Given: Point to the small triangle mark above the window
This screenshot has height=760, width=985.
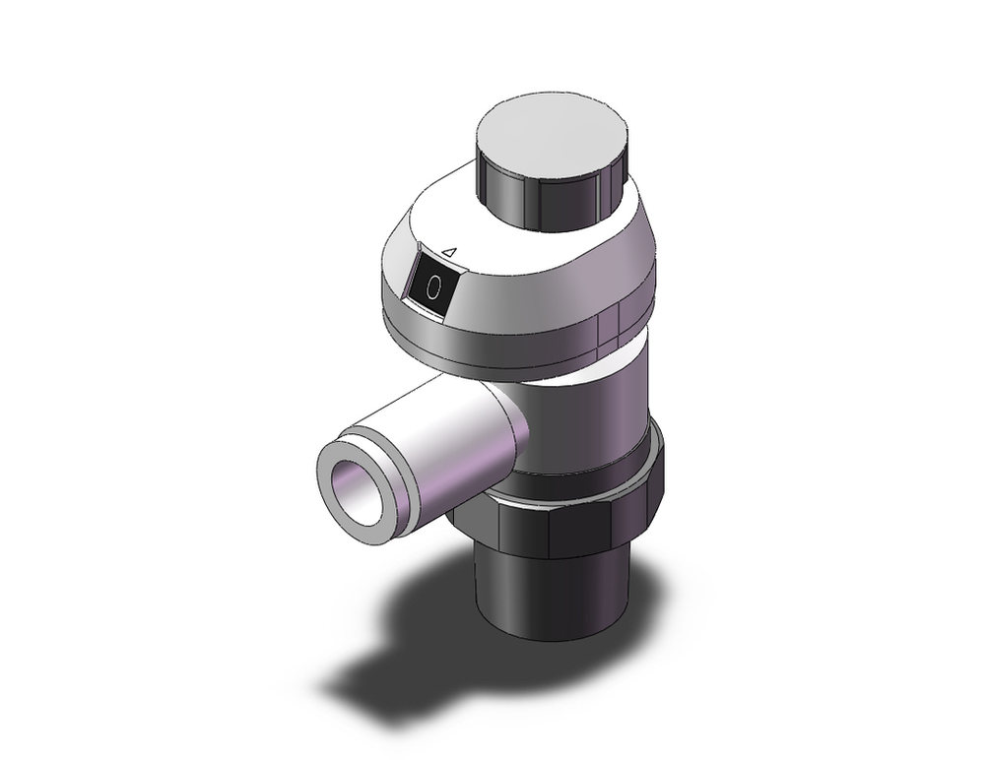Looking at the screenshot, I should (449, 253).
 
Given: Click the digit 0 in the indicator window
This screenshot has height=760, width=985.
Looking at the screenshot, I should (434, 288).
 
